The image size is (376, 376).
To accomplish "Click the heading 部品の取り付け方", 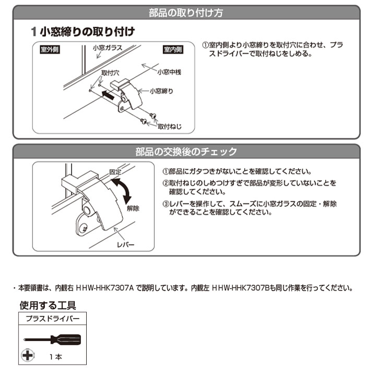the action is coord(186,13).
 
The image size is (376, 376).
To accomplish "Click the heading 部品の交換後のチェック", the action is coord(186,151).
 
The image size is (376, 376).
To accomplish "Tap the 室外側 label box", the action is coord(50,50).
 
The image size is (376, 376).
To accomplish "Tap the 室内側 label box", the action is coord(173,50).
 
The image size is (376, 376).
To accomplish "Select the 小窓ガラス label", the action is coord(108,48).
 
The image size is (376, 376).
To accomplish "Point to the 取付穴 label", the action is coord(110,73).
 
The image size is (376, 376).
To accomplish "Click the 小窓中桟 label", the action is coord(169,72).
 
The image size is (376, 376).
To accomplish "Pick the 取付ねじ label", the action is coord(170,126).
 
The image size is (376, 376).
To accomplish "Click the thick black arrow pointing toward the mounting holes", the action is coord(108,95).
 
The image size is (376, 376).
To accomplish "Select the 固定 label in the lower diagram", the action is coord(115,172).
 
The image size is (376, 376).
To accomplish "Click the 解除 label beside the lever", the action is coord(133,208).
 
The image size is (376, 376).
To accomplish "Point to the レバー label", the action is coord(125,244).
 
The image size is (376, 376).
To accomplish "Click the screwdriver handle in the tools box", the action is coord(66,339).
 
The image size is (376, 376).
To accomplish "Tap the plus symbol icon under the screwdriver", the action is coord(28,355).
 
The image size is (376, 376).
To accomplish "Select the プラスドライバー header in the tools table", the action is coord(53,319).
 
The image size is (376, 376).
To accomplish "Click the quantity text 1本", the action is coord(56,357).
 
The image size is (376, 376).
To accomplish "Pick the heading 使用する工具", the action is coord(48,305).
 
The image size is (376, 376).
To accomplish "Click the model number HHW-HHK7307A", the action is coord(104,288).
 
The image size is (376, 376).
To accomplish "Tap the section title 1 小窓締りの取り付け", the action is coord(83,32).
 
